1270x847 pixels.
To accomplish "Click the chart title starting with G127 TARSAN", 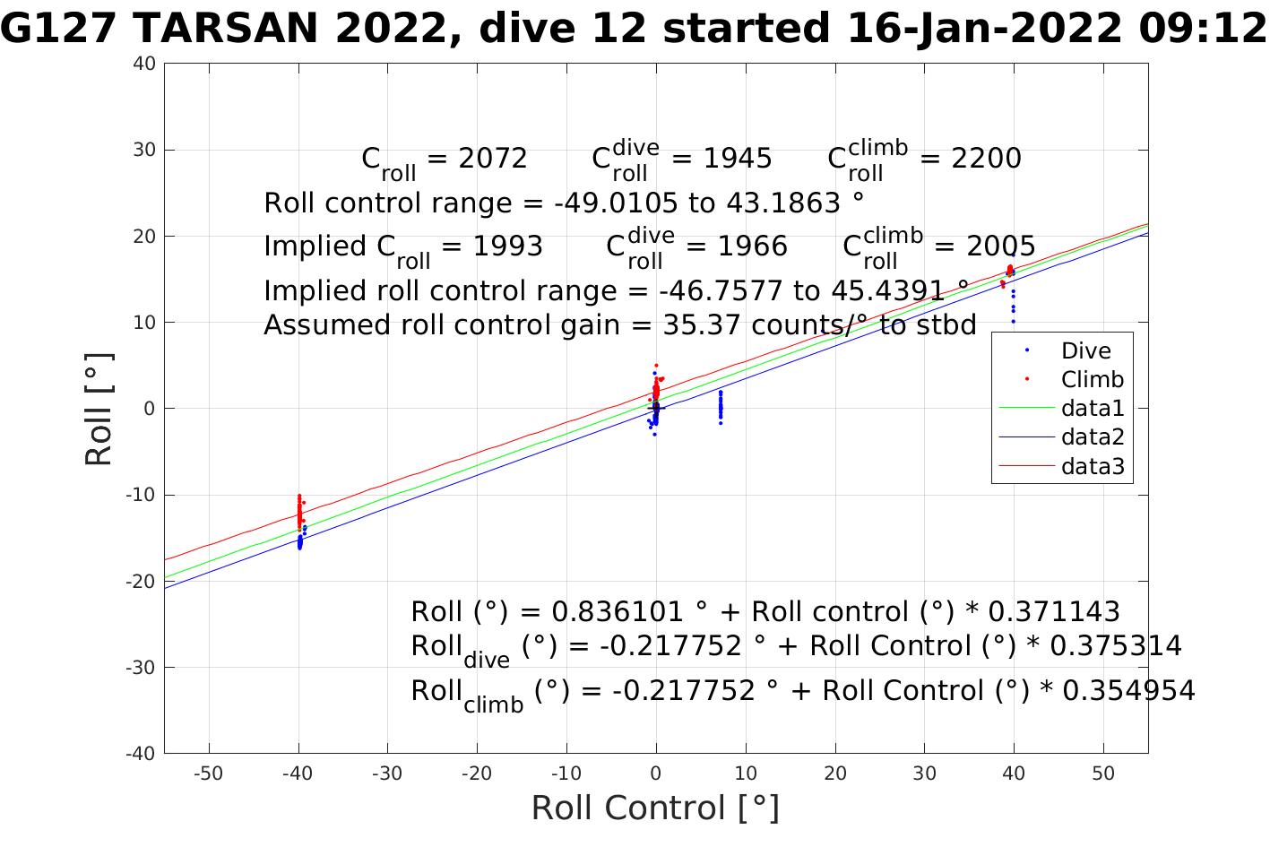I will pyautogui.click(x=634, y=29).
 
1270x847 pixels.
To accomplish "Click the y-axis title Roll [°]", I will pyautogui.click(x=99, y=409).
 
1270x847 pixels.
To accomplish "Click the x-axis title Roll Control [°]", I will pyautogui.click(x=655, y=808).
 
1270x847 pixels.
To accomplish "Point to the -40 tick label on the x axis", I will pyautogui.click(x=298, y=774).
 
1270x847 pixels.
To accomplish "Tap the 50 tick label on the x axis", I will pyautogui.click(x=1103, y=774).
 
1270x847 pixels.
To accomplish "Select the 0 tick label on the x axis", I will pyautogui.click(x=656, y=774).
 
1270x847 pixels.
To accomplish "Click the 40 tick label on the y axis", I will pyautogui.click(x=145, y=64).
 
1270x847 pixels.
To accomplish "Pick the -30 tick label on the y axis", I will pyautogui.click(x=142, y=668).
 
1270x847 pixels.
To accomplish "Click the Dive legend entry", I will pyautogui.click(x=1085, y=351).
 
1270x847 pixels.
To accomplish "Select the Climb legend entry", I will pyautogui.click(x=1092, y=380).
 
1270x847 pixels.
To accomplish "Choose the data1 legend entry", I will pyautogui.click(x=1092, y=409).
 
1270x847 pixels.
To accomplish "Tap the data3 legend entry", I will pyautogui.click(x=1092, y=466).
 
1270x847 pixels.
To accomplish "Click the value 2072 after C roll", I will pyautogui.click(x=492, y=159).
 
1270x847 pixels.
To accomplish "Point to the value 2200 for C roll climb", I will pyautogui.click(x=986, y=159).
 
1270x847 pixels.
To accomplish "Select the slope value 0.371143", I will pyautogui.click(x=1053, y=612).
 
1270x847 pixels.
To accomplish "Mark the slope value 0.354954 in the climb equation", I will pyautogui.click(x=1128, y=691).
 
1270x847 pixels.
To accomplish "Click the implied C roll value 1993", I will pyautogui.click(x=507, y=246).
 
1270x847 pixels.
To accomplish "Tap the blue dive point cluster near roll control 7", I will pyautogui.click(x=721, y=406).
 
